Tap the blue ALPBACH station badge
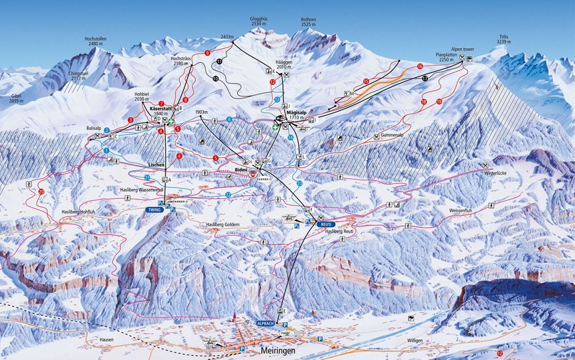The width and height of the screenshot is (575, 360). (x=266, y=323)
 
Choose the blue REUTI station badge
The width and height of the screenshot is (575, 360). (x=326, y=224)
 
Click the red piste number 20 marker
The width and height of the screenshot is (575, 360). (x=41, y=191)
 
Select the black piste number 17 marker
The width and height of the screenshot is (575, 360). (x=425, y=79)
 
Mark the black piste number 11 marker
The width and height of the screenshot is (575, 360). (x=219, y=62)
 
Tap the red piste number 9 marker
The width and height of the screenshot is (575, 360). (x=207, y=52)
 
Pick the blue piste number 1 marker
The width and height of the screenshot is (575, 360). (x=106, y=151)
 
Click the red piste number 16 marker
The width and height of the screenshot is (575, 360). (x=420, y=66)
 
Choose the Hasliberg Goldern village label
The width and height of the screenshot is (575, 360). (x=223, y=225)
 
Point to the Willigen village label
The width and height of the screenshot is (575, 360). (x=415, y=341)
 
